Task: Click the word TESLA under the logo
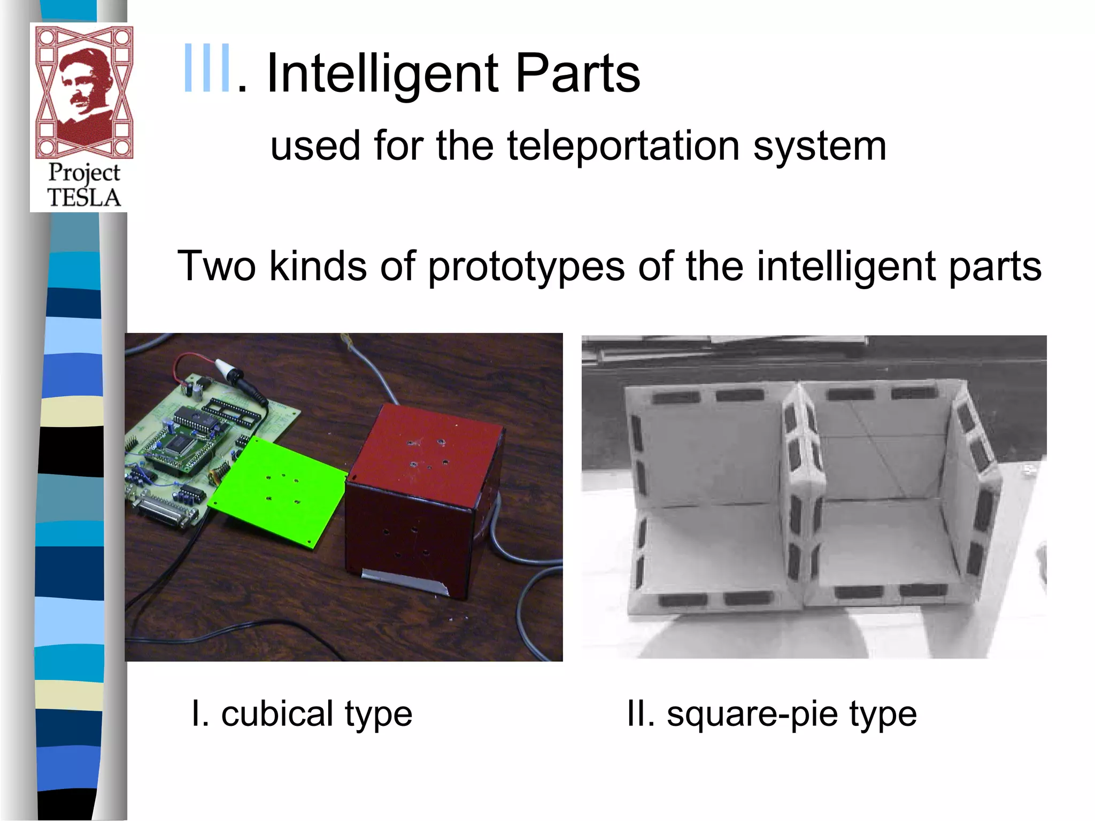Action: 84,198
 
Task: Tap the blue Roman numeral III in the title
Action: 207,69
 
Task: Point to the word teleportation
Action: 623,145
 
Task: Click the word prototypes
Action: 526,266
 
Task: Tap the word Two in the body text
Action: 217,266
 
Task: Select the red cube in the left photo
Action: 422,497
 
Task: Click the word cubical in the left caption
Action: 277,714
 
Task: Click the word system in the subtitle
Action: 820,145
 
